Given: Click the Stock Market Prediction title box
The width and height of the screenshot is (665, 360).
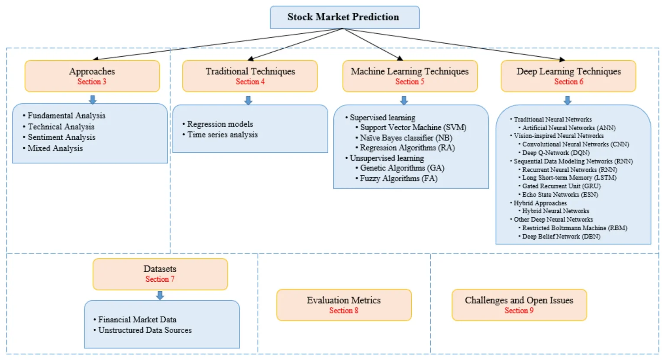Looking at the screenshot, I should click(x=344, y=17).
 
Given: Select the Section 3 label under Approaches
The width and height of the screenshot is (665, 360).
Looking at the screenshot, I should click(x=92, y=82).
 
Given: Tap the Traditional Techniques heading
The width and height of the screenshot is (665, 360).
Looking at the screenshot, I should click(x=250, y=71).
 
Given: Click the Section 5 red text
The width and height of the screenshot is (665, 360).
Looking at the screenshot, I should click(x=410, y=82).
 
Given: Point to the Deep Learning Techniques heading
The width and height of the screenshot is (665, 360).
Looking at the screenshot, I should click(x=568, y=71).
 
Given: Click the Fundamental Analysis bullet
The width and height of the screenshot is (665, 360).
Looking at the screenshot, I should click(x=66, y=116).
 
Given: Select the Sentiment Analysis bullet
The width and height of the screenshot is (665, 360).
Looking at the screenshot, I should click(x=61, y=137).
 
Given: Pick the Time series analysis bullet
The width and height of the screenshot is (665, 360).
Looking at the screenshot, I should click(x=222, y=135).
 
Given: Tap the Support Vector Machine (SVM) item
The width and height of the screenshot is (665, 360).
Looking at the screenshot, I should click(x=413, y=128).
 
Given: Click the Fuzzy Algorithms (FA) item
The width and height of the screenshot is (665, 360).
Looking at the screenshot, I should click(x=398, y=178).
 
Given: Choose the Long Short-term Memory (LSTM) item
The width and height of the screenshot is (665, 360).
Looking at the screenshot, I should click(x=569, y=178).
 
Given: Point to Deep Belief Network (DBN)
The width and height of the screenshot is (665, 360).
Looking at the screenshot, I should click(x=561, y=237).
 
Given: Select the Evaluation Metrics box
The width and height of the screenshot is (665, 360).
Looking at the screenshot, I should click(x=344, y=305).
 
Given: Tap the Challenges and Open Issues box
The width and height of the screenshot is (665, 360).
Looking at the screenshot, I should click(x=519, y=305).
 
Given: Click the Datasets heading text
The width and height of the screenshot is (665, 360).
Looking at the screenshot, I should click(x=160, y=269).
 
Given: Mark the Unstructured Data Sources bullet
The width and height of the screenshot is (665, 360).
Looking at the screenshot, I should click(x=145, y=330).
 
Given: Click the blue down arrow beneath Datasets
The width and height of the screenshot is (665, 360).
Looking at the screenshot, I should click(x=160, y=296).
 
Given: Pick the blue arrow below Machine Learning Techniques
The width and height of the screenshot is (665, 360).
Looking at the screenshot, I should click(x=404, y=100).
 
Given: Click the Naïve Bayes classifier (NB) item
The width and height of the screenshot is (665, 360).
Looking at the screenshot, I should click(x=406, y=138).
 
